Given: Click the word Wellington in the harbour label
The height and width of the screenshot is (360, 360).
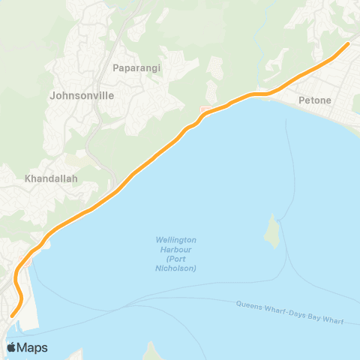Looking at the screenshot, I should [x=176, y=240].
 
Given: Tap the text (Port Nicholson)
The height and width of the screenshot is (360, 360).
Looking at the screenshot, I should [x=176, y=263].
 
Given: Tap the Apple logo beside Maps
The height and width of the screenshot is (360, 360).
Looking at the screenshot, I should [x=12, y=347].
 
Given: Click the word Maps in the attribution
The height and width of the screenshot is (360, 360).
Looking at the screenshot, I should [x=33, y=348].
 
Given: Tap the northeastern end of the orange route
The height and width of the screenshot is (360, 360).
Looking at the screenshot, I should [x=347, y=43].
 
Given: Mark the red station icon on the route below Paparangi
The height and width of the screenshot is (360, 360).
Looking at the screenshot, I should [x=203, y=112].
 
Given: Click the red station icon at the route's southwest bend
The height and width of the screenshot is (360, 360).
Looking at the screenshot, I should [x=25, y=262].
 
